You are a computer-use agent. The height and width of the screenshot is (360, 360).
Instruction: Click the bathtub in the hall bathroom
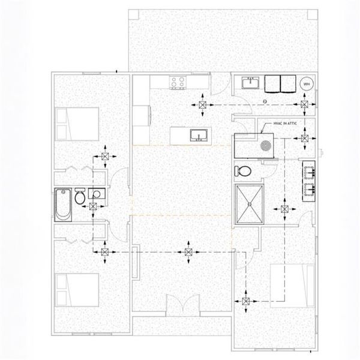(62, 206)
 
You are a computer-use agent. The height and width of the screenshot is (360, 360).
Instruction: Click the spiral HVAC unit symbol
(264, 145)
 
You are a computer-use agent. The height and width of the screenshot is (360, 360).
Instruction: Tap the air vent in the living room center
(189, 253)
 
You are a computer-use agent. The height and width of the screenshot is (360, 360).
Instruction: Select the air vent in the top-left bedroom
(105, 157)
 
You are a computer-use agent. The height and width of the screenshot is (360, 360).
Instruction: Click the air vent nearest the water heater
(306, 106)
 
